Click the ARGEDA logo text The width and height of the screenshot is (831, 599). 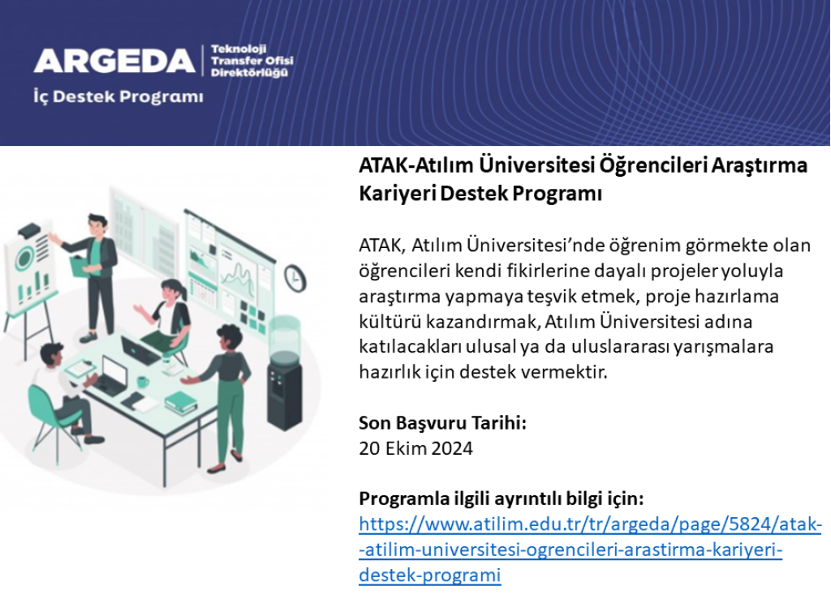114,61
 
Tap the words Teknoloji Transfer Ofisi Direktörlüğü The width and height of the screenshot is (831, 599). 252,61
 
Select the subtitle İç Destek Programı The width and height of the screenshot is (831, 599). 118,96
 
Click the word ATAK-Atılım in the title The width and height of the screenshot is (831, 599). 416,165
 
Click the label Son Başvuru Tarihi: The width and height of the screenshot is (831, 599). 442,423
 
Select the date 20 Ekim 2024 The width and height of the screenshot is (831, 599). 415,448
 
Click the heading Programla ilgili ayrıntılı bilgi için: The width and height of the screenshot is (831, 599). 502,498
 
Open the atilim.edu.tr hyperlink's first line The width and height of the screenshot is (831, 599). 591,524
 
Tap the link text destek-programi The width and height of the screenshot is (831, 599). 430,575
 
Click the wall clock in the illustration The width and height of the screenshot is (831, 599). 295,277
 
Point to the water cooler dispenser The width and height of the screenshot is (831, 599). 284,373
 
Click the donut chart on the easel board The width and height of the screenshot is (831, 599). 24,259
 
